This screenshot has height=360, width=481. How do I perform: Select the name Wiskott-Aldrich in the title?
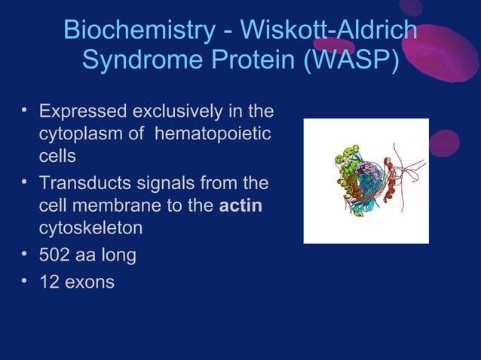(326, 30)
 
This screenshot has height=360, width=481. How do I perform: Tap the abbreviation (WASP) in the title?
(351, 60)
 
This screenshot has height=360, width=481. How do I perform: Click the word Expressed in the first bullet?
(83, 112)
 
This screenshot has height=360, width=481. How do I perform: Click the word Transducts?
(84, 183)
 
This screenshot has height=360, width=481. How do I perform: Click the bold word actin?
(240, 206)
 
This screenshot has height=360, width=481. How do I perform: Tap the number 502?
(54, 255)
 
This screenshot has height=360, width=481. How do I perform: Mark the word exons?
(90, 283)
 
